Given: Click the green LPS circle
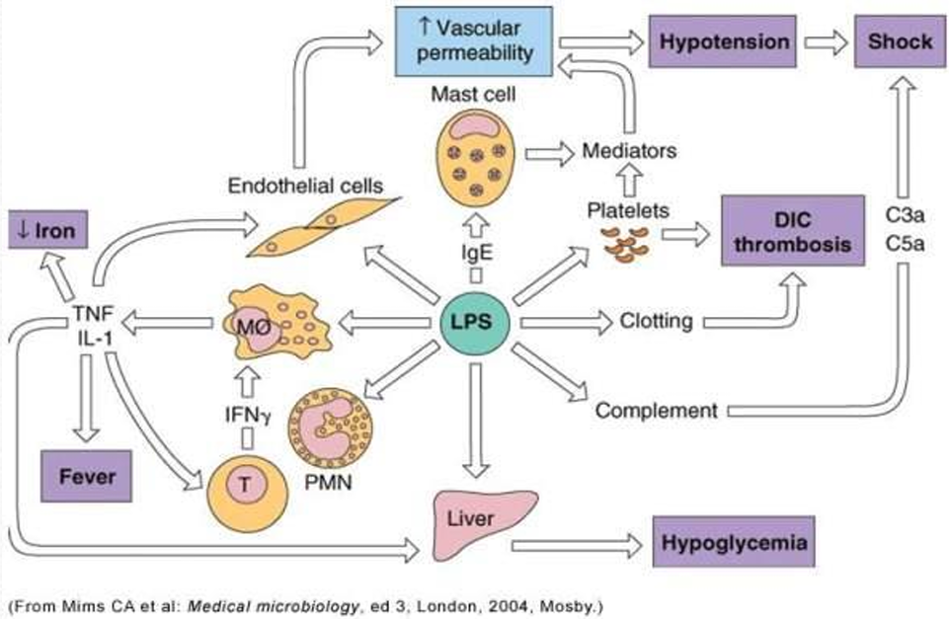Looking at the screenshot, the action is coord(474,323).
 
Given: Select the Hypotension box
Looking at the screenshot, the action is coord(723,41).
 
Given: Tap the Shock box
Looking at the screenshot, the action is coord(900,41).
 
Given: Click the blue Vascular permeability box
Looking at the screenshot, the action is coord(474,41).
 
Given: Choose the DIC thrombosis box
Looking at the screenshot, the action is coord(793,231).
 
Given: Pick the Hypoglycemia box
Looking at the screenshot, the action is coord(734,542).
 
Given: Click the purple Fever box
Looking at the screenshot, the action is coord(87,476).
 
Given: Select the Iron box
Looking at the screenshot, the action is coord(47,229).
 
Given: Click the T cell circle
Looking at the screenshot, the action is coord(248,493).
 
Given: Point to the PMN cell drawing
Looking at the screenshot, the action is coord(330,428).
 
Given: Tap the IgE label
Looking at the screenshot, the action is coord(477,252).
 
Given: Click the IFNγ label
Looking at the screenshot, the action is coord(248,415).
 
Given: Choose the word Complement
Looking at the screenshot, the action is coord(656,411).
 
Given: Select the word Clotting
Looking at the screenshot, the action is coord(656,321).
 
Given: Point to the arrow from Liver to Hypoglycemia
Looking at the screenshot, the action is coord(577,546).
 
